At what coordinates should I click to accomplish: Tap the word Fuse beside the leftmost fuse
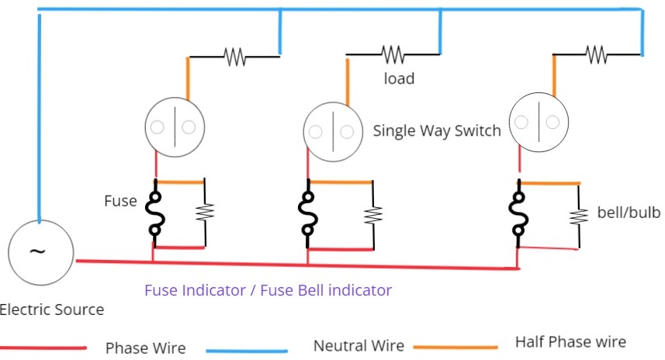pos(119,201)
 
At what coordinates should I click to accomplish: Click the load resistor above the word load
pos(393,54)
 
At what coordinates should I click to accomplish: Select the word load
pos(399,78)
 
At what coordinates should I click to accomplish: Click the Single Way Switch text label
pos(437,130)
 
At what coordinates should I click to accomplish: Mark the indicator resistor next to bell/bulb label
pos(578,215)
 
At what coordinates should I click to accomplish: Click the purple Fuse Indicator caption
pos(268,290)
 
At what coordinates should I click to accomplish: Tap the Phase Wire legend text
pos(145,348)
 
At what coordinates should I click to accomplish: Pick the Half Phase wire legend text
pos(570,342)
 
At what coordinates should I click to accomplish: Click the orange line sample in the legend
pos(455,347)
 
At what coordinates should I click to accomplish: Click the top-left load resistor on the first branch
pos(234,56)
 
